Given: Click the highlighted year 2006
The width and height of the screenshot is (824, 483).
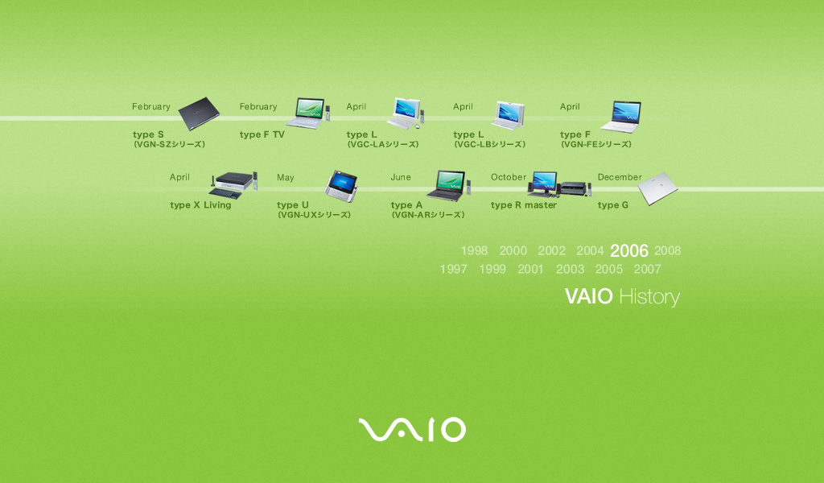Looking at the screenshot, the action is (x=629, y=250).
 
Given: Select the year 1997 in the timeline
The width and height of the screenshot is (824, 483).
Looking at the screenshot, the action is (x=454, y=269).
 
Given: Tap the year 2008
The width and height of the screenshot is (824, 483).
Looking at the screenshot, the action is (x=667, y=250).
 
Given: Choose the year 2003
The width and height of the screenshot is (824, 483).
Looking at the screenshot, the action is (x=571, y=269).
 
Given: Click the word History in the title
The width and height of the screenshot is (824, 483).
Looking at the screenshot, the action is (x=649, y=297).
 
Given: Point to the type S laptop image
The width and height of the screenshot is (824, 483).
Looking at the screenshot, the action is (x=199, y=113).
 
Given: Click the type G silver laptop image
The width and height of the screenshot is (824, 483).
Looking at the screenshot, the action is (x=658, y=188).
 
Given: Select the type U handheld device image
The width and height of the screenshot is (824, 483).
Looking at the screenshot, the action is (x=341, y=185).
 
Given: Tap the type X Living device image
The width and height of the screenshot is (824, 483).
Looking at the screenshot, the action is (x=233, y=185).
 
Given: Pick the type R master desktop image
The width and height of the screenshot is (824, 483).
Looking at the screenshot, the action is (x=559, y=184).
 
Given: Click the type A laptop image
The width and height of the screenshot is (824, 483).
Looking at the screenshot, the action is (x=448, y=185).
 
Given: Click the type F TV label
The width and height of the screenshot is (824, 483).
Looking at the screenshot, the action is (x=262, y=134).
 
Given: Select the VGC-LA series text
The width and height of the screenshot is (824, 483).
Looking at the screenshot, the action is (x=382, y=144).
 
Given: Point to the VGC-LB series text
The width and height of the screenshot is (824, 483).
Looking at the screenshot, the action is (x=490, y=144).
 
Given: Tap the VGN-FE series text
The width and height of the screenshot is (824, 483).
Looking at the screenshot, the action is (x=596, y=144).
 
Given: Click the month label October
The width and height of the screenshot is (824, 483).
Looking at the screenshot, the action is (x=509, y=177).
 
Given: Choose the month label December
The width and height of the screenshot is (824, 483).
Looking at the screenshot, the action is (x=620, y=177).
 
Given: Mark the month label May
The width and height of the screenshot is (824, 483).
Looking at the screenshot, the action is (x=286, y=178).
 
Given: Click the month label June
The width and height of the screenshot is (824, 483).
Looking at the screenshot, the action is (x=401, y=177).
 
